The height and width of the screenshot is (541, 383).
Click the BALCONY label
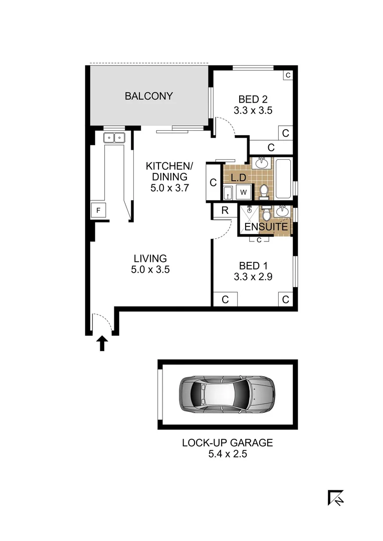pyautogui.click(x=149, y=96)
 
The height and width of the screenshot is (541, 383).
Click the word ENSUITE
pyautogui.click(x=266, y=227)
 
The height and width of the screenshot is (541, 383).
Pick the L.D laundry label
pyautogui.click(x=238, y=177)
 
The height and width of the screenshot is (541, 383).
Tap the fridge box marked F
pyautogui.click(x=99, y=211)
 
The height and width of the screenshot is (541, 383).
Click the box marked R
pyautogui.click(x=225, y=210)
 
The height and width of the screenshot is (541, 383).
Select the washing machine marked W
pyautogui.click(x=245, y=192)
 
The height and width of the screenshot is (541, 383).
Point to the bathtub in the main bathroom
pyautogui.click(x=283, y=178)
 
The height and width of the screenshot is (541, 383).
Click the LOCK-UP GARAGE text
pyautogui.click(x=227, y=443)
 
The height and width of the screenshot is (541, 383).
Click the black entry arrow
pyautogui.click(x=102, y=343)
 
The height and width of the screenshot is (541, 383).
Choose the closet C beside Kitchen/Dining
pyautogui.click(x=213, y=183)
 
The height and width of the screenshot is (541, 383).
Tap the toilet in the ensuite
pyautogui.click(x=267, y=214)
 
